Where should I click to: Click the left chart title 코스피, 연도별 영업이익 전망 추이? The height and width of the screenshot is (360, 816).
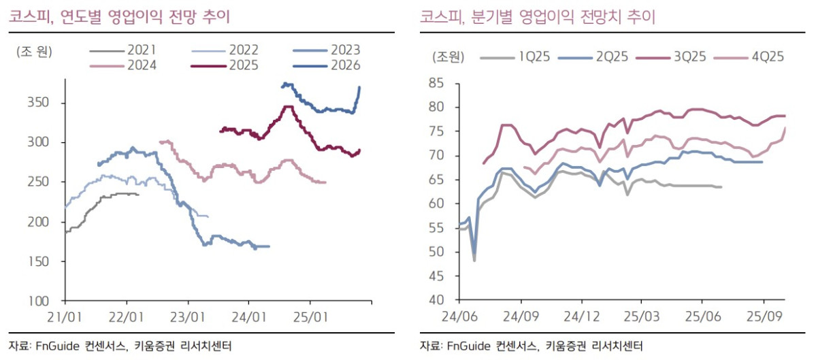click(119, 18)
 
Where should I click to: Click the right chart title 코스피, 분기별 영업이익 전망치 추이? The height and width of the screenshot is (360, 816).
click(537, 18)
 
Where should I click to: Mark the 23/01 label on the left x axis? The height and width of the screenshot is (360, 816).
click(188, 316)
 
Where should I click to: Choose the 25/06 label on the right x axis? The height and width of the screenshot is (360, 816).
click(703, 316)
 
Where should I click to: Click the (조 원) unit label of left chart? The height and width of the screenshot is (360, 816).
click(35, 50)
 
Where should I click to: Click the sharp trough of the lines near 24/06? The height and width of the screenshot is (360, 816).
click(474, 260)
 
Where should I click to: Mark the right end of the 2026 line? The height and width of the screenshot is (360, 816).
click(360, 87)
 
